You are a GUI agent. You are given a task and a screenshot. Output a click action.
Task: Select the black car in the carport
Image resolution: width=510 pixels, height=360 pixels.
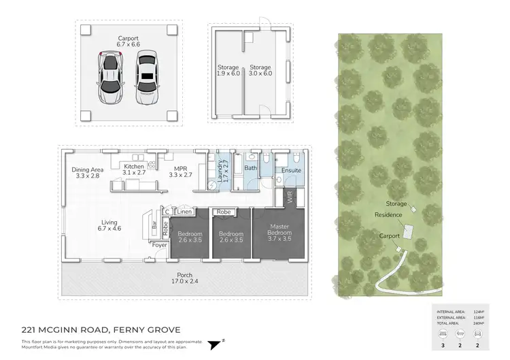146,79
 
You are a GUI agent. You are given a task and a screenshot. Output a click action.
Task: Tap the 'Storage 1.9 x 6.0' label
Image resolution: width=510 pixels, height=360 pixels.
227,71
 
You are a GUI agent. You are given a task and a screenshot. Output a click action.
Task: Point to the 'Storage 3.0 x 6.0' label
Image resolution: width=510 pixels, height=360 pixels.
260,71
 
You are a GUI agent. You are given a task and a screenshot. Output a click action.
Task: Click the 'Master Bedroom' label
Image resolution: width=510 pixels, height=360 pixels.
280,230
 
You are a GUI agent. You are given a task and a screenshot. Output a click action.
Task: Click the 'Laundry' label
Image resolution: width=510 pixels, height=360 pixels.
219,171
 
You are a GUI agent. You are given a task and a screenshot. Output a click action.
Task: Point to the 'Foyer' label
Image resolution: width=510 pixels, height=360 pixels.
159,245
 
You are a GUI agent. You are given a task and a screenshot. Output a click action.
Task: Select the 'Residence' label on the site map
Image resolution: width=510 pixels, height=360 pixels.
388,215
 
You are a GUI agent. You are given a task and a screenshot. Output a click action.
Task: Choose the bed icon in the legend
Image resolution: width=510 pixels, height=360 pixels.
444,334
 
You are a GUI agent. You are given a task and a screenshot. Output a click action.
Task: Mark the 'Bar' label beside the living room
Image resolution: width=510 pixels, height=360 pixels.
155,223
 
